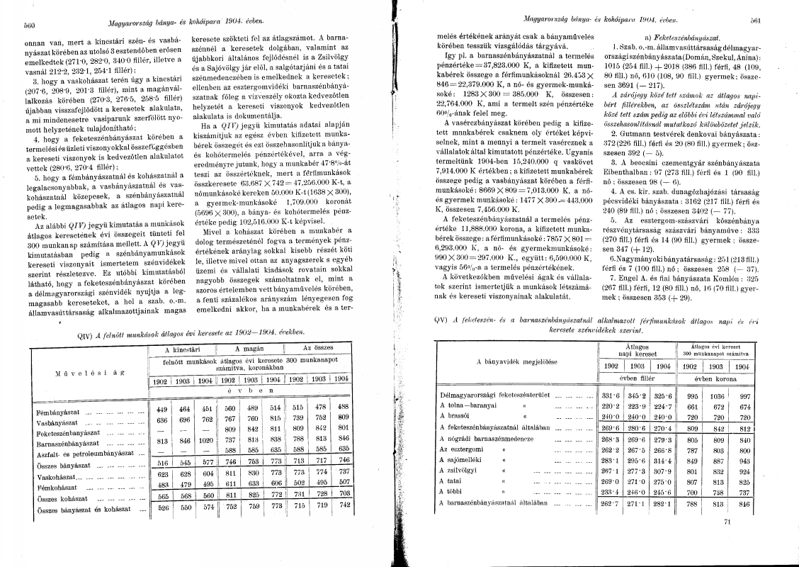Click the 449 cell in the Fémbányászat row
163,409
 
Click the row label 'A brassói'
454,418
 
